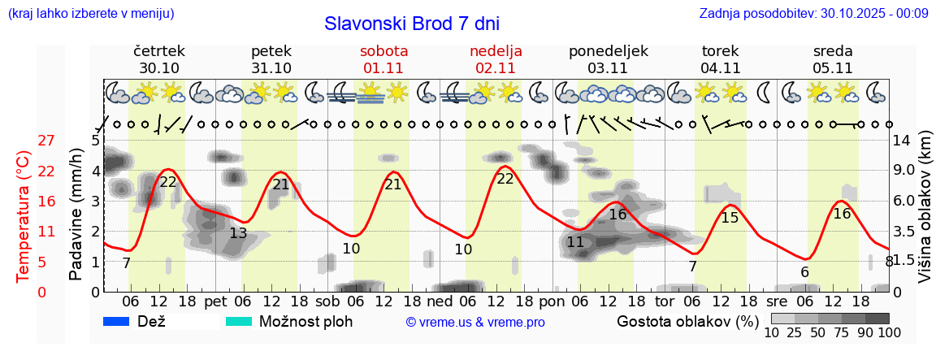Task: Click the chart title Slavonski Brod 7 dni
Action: coord(412,23)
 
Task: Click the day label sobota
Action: coord(383,50)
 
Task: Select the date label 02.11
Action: coord(496,68)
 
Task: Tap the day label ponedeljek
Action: coord(609,50)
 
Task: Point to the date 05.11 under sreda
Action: coord(833,68)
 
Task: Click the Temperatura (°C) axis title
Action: coord(24,216)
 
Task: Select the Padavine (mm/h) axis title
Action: coord(76,215)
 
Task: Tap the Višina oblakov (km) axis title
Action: coord(925,216)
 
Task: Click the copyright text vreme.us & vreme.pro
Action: coord(475,323)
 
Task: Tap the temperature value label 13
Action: coord(238,233)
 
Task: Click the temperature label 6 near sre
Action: coord(804,272)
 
